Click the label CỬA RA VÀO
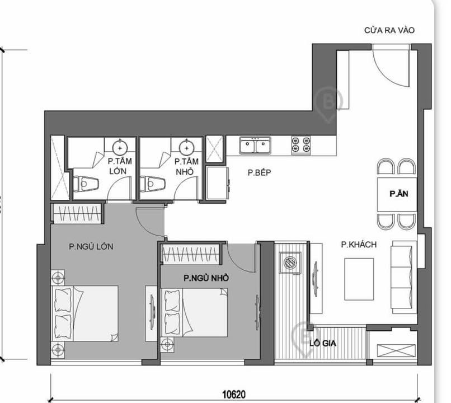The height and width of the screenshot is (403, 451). (x=389, y=30)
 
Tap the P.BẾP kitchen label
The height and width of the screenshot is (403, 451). (x=259, y=173)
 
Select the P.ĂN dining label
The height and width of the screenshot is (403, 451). (x=397, y=194)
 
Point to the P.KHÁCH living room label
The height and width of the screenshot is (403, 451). (x=359, y=245)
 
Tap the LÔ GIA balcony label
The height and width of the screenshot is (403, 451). (x=323, y=343)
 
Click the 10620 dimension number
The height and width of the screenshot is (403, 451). (x=234, y=394)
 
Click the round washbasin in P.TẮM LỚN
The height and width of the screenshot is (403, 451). (x=120, y=148)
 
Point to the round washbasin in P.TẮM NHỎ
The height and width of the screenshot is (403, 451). (x=186, y=148)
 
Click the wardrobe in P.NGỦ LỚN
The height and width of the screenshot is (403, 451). (x=77, y=213)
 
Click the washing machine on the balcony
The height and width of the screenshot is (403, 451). (x=291, y=262)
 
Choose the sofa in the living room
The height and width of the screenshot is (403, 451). (x=403, y=277)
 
